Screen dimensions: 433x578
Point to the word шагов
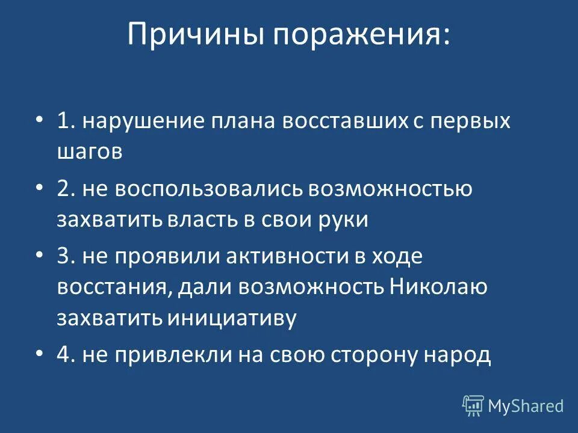click(x=90, y=152)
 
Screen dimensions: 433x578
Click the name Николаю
click(x=438, y=287)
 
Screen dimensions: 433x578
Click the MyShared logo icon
click(x=473, y=406)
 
